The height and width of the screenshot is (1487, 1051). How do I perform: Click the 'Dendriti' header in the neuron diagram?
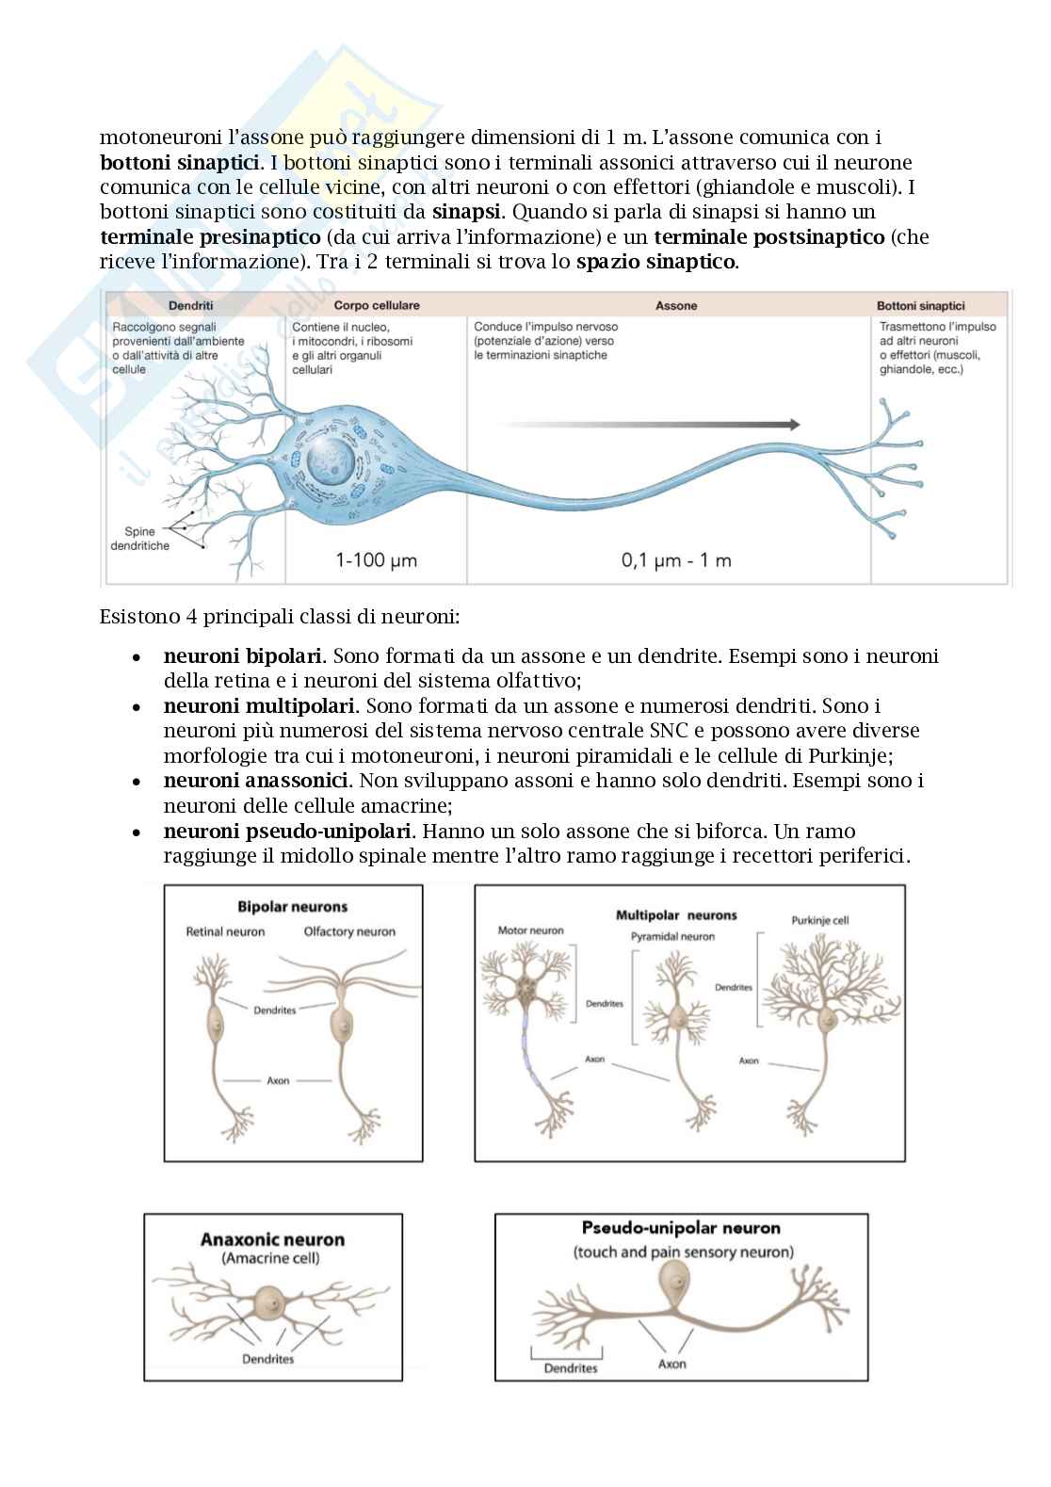click(190, 305)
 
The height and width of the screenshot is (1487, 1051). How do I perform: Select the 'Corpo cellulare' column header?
click(376, 305)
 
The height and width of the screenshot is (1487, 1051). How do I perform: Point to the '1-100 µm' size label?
click(376, 560)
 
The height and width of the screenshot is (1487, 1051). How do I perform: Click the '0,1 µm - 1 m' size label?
click(675, 560)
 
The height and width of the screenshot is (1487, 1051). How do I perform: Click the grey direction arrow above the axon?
click(650, 425)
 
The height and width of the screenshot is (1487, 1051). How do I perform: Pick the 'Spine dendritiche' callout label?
click(147, 539)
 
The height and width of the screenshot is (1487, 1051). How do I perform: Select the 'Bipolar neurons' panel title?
click(292, 907)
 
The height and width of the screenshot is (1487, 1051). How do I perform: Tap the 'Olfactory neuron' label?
click(349, 931)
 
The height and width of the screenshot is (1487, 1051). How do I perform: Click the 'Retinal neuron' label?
click(225, 931)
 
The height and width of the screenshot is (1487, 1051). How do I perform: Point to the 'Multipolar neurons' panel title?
click(676, 914)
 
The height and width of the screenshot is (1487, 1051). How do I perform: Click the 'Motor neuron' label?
click(530, 930)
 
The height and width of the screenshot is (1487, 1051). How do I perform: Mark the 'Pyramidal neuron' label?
click(672, 936)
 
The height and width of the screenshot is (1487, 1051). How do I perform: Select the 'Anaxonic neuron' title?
click(272, 1239)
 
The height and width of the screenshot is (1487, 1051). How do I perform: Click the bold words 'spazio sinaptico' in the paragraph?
click(656, 262)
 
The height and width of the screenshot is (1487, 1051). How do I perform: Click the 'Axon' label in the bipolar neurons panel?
click(278, 1080)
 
